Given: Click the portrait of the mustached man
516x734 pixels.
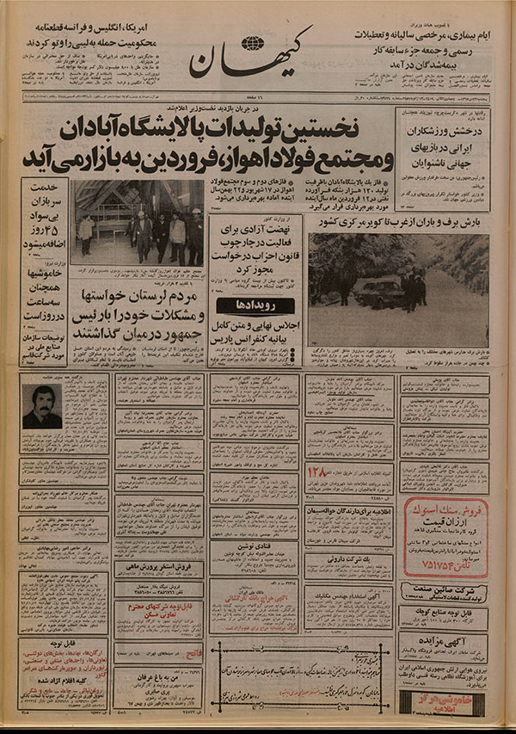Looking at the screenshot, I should [41, 407].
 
